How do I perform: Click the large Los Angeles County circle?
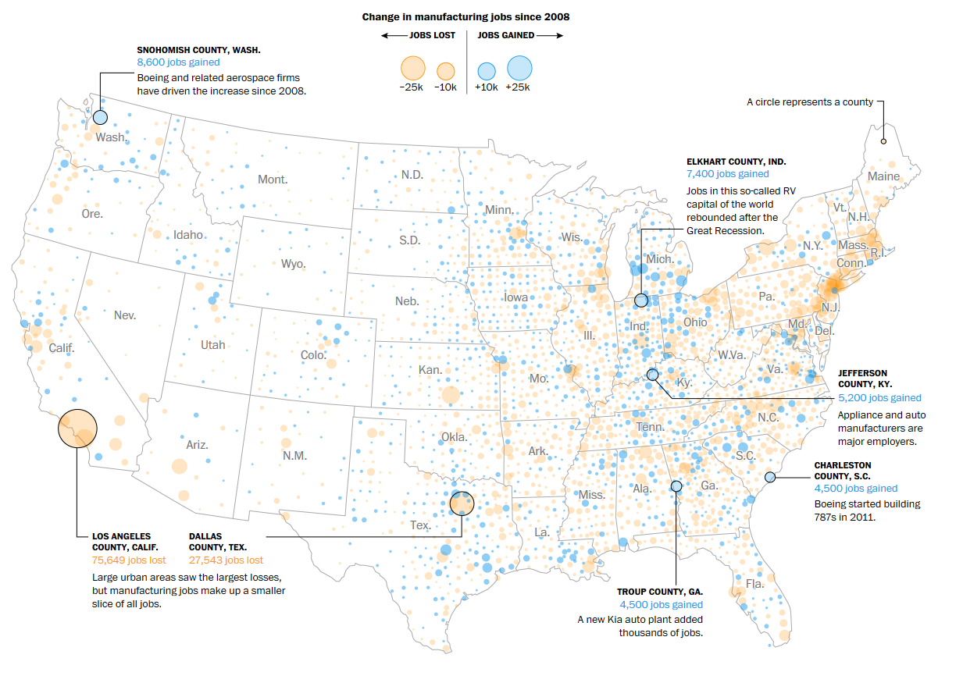(x=77, y=429)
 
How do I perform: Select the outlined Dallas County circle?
(x=462, y=503)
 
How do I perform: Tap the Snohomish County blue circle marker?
(x=100, y=118)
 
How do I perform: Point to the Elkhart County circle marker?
(x=641, y=300)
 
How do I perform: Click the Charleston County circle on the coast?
(x=770, y=477)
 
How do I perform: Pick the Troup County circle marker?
(x=676, y=486)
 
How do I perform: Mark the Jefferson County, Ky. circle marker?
(x=653, y=375)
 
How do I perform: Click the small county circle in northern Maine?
(x=883, y=141)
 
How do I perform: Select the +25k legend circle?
(x=519, y=68)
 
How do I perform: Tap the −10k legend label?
(x=445, y=87)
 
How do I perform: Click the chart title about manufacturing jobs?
(x=465, y=16)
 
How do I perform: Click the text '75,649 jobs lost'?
(x=129, y=560)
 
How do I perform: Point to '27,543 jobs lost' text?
(x=226, y=560)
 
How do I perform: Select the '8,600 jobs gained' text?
(x=178, y=62)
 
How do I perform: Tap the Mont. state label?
(x=273, y=180)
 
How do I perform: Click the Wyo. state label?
(x=294, y=264)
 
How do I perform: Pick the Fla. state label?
(x=754, y=583)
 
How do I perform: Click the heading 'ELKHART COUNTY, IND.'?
(x=736, y=162)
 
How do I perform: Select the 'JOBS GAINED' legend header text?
(x=505, y=35)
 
